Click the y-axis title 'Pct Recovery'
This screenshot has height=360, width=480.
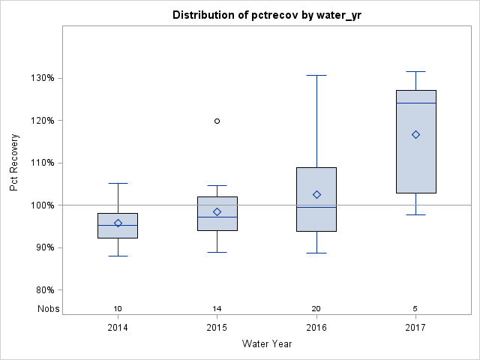pyautogui.click(x=15, y=163)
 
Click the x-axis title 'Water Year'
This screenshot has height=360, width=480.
pyautogui.click(x=267, y=344)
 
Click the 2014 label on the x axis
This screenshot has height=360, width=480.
pyautogui.click(x=118, y=328)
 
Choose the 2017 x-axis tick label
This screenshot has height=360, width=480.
pyautogui.click(x=415, y=328)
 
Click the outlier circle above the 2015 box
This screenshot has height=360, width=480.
pyautogui.click(x=217, y=121)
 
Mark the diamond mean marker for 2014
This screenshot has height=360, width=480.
pyautogui.click(x=118, y=223)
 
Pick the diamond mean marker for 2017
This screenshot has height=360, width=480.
pyautogui.click(x=415, y=135)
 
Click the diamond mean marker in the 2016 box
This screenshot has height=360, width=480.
pyautogui.click(x=316, y=194)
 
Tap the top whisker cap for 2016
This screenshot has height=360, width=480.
pyautogui.click(x=316, y=76)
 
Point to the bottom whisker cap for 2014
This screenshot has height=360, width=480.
pyautogui.click(x=118, y=256)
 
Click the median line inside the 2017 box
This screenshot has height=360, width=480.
pyautogui.click(x=415, y=103)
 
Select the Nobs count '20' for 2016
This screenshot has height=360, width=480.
pyautogui.click(x=316, y=309)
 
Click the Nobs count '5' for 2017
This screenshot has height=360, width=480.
pyautogui.click(x=415, y=309)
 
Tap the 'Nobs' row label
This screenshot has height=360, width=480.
pyautogui.click(x=49, y=309)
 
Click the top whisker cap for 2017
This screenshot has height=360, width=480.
pyautogui.click(x=415, y=72)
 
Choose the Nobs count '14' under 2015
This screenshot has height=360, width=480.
pyautogui.click(x=217, y=309)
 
